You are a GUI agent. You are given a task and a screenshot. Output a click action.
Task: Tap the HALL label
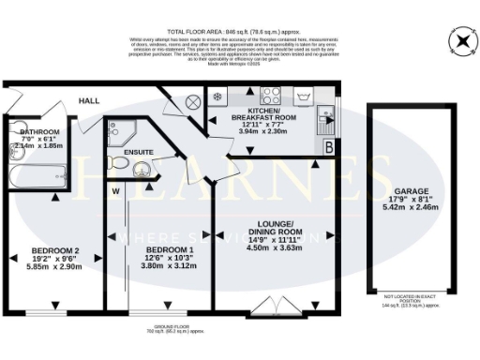[x=89, y=100]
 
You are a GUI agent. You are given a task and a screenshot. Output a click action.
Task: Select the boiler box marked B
[x=328, y=146]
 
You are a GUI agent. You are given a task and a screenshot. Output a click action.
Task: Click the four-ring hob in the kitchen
[x=272, y=95]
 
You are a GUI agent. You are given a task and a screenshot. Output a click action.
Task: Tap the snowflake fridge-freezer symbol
[x=217, y=96]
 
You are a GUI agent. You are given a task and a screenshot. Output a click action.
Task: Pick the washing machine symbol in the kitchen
[x=303, y=96]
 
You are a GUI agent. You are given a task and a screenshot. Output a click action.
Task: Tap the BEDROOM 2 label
[x=55, y=251]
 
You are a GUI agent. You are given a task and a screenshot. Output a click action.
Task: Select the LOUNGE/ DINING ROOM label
[x=277, y=228]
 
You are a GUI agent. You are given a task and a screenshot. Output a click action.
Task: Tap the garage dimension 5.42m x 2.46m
[x=412, y=207]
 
